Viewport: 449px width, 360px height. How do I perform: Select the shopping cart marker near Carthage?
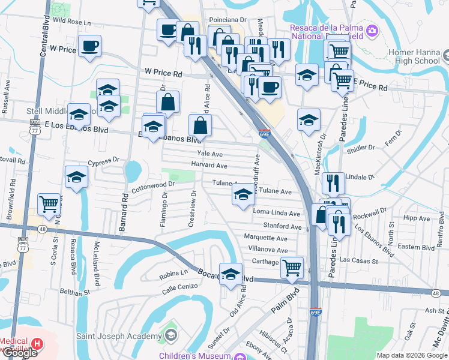pyautogui.click(x=292, y=267)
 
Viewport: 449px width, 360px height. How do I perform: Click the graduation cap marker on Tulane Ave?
pyautogui.click(x=243, y=195)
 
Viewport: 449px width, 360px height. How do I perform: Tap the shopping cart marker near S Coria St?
pyautogui.click(x=49, y=203)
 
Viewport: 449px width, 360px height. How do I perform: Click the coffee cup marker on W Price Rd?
pyautogui.click(x=89, y=46)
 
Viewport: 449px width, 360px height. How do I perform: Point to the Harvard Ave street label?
pyautogui.click(x=209, y=165)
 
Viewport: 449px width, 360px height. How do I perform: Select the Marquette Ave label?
pyautogui.click(x=266, y=237)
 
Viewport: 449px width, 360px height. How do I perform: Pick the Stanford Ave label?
pyautogui.click(x=282, y=227)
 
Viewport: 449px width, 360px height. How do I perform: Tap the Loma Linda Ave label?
pyautogui.click(x=276, y=213)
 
